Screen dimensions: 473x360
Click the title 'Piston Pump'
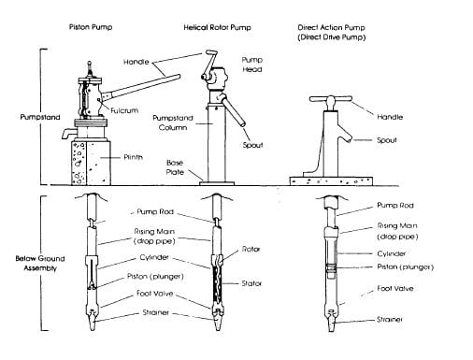coord(91,27)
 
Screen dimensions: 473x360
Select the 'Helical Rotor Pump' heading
coord(217,27)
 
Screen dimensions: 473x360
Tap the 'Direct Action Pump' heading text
coord(331,27)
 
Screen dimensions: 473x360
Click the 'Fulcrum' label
coord(124,110)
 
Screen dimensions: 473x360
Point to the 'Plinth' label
coord(133,157)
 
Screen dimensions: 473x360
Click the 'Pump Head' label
coord(252,65)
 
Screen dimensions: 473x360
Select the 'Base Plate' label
coord(175,167)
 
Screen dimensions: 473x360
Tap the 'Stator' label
coord(251,283)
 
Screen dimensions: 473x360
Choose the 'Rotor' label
coord(251,249)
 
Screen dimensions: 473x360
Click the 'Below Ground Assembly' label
coord(40,264)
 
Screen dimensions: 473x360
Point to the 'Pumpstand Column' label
coord(173,122)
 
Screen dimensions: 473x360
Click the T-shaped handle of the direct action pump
coord(330,100)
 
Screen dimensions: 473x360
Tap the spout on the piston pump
coord(68,133)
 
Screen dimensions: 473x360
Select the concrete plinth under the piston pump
coord(91,163)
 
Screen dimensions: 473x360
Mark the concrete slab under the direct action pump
coord(331,181)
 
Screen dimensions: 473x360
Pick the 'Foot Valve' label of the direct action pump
coord(395,288)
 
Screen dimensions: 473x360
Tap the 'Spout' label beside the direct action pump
coord(387,140)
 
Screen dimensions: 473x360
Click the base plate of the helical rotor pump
coord(217,183)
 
